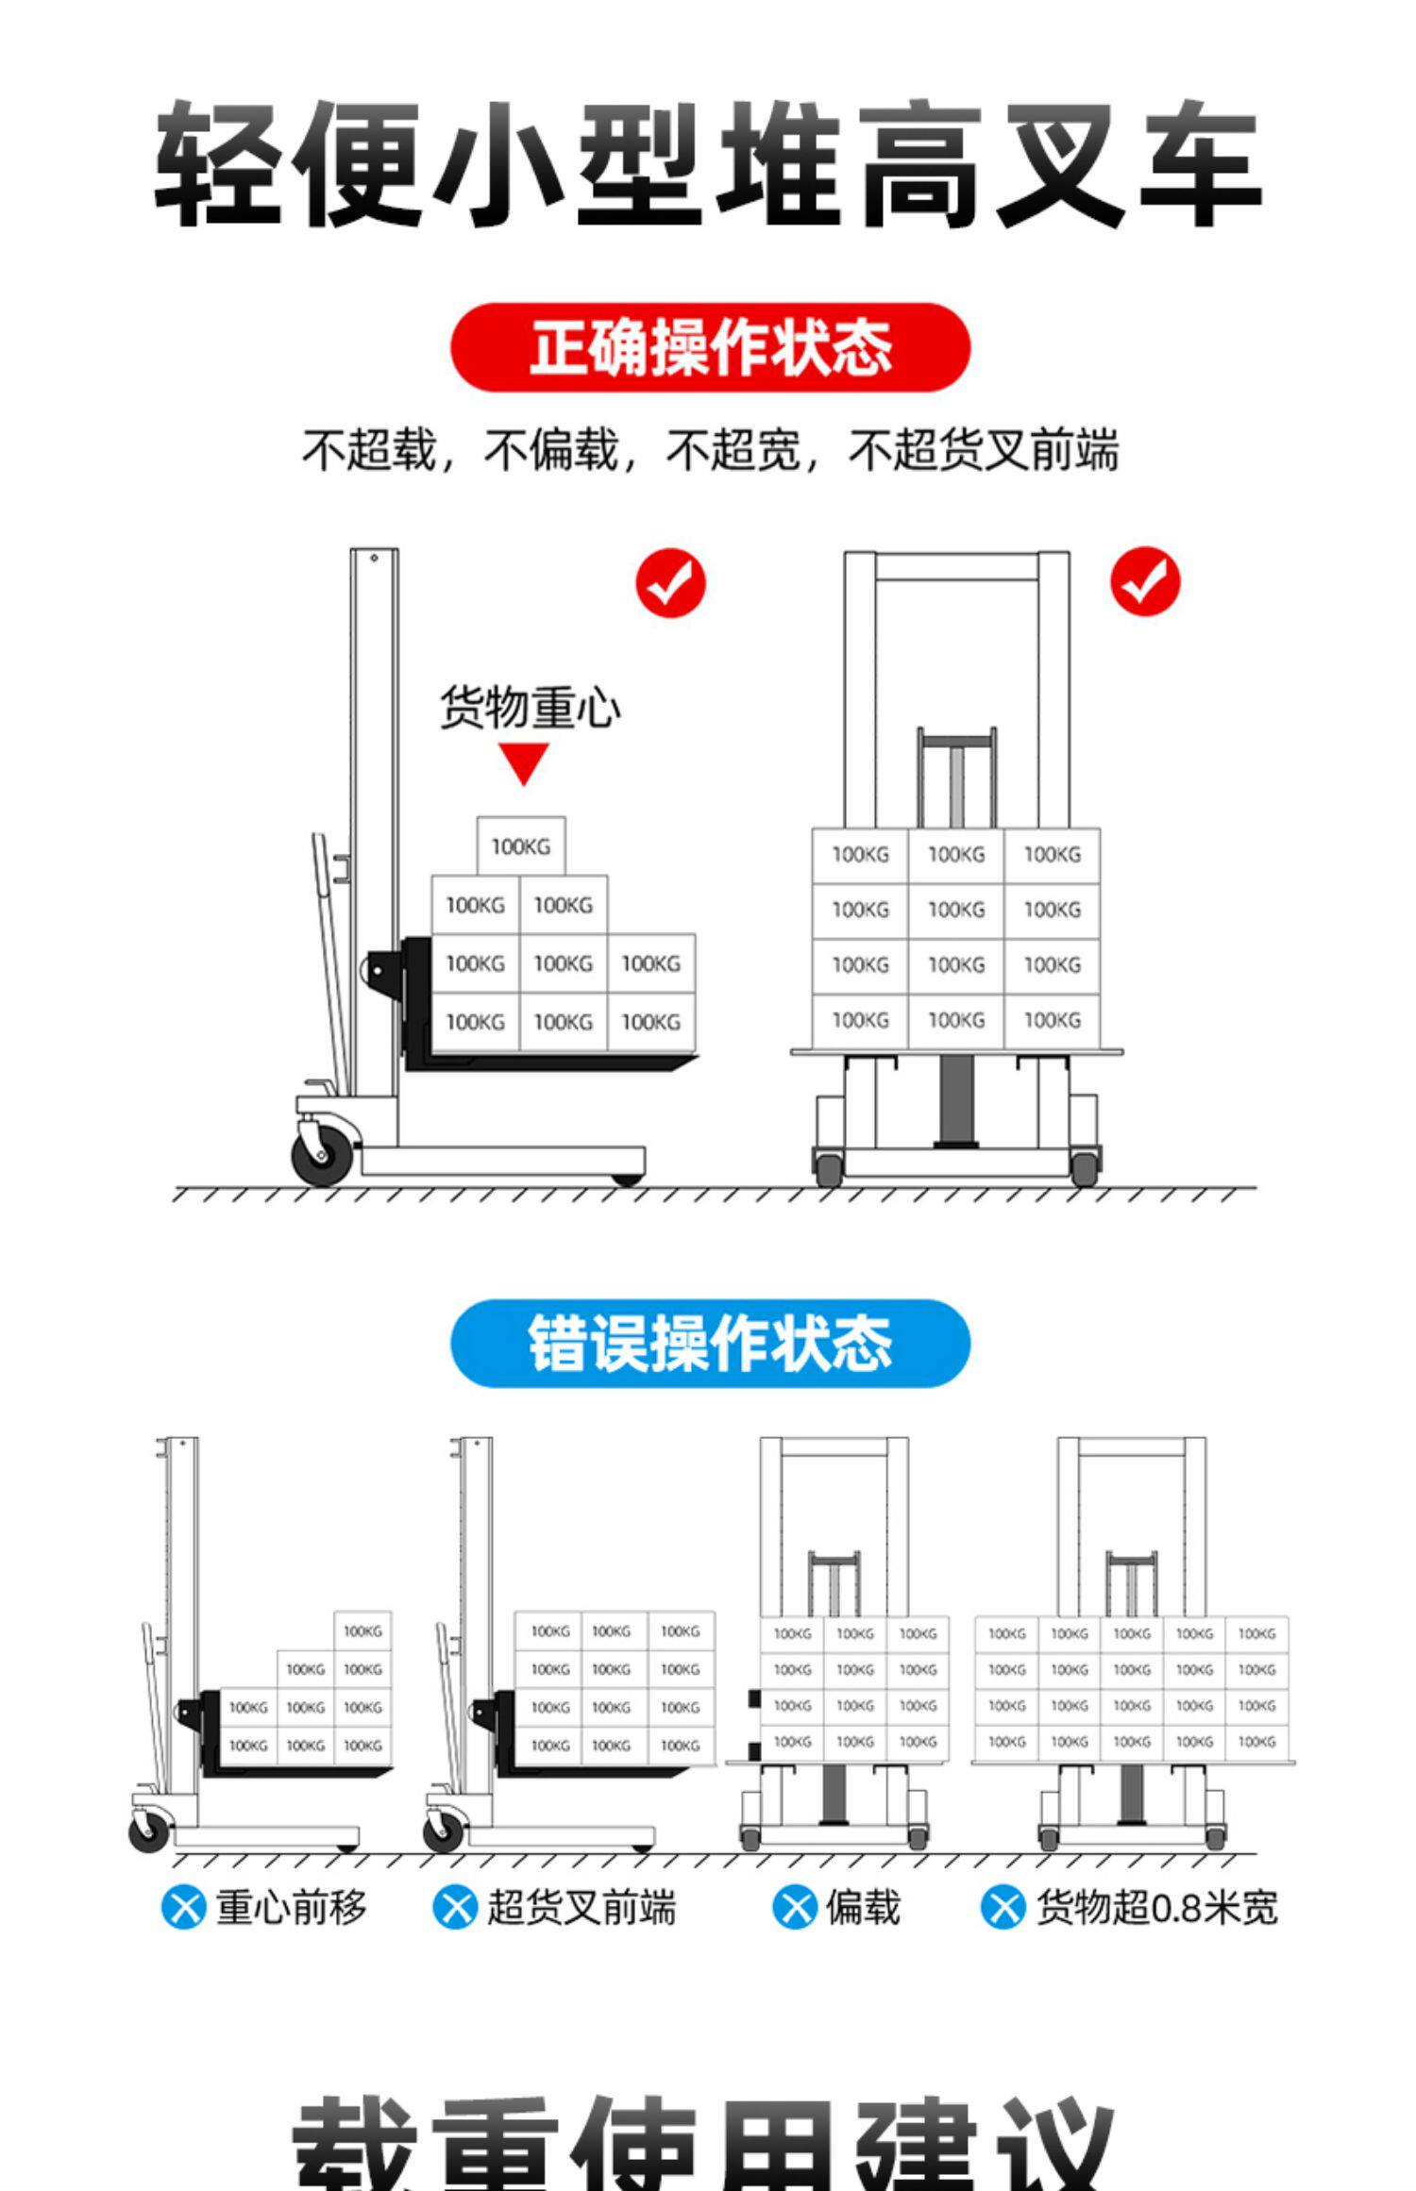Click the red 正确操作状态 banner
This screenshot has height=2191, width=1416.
click(710, 347)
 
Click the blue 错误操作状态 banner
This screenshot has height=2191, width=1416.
click(710, 1343)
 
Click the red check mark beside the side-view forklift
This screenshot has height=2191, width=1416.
click(670, 582)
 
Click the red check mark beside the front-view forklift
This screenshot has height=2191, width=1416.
click(1144, 581)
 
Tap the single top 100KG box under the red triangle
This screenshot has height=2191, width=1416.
click(520, 846)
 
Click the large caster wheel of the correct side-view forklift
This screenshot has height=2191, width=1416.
click(322, 1154)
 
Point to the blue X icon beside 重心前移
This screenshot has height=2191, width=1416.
click(183, 1908)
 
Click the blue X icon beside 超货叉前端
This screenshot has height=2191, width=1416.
click(455, 1908)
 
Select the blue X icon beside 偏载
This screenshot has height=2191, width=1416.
click(795, 1908)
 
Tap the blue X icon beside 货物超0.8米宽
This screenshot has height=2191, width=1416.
click(1003, 1908)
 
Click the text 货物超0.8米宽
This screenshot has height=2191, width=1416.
click(1156, 1908)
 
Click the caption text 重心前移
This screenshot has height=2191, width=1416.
click(291, 1908)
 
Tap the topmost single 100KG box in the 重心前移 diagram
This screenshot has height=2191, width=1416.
click(362, 1631)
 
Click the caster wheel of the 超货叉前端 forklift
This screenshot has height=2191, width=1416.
click(442, 1831)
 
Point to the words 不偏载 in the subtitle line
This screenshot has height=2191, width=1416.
click(550, 450)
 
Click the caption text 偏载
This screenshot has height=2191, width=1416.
click(863, 1908)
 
